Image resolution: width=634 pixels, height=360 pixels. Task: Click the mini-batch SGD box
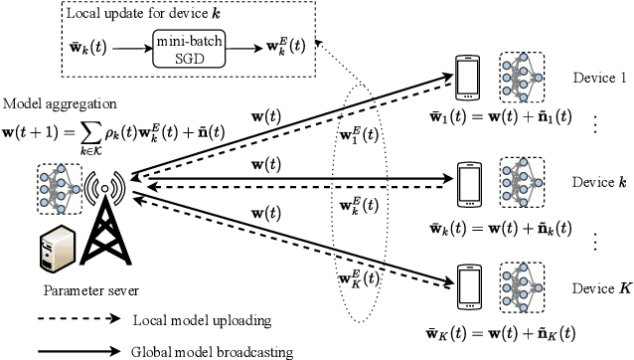coord(195,48)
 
